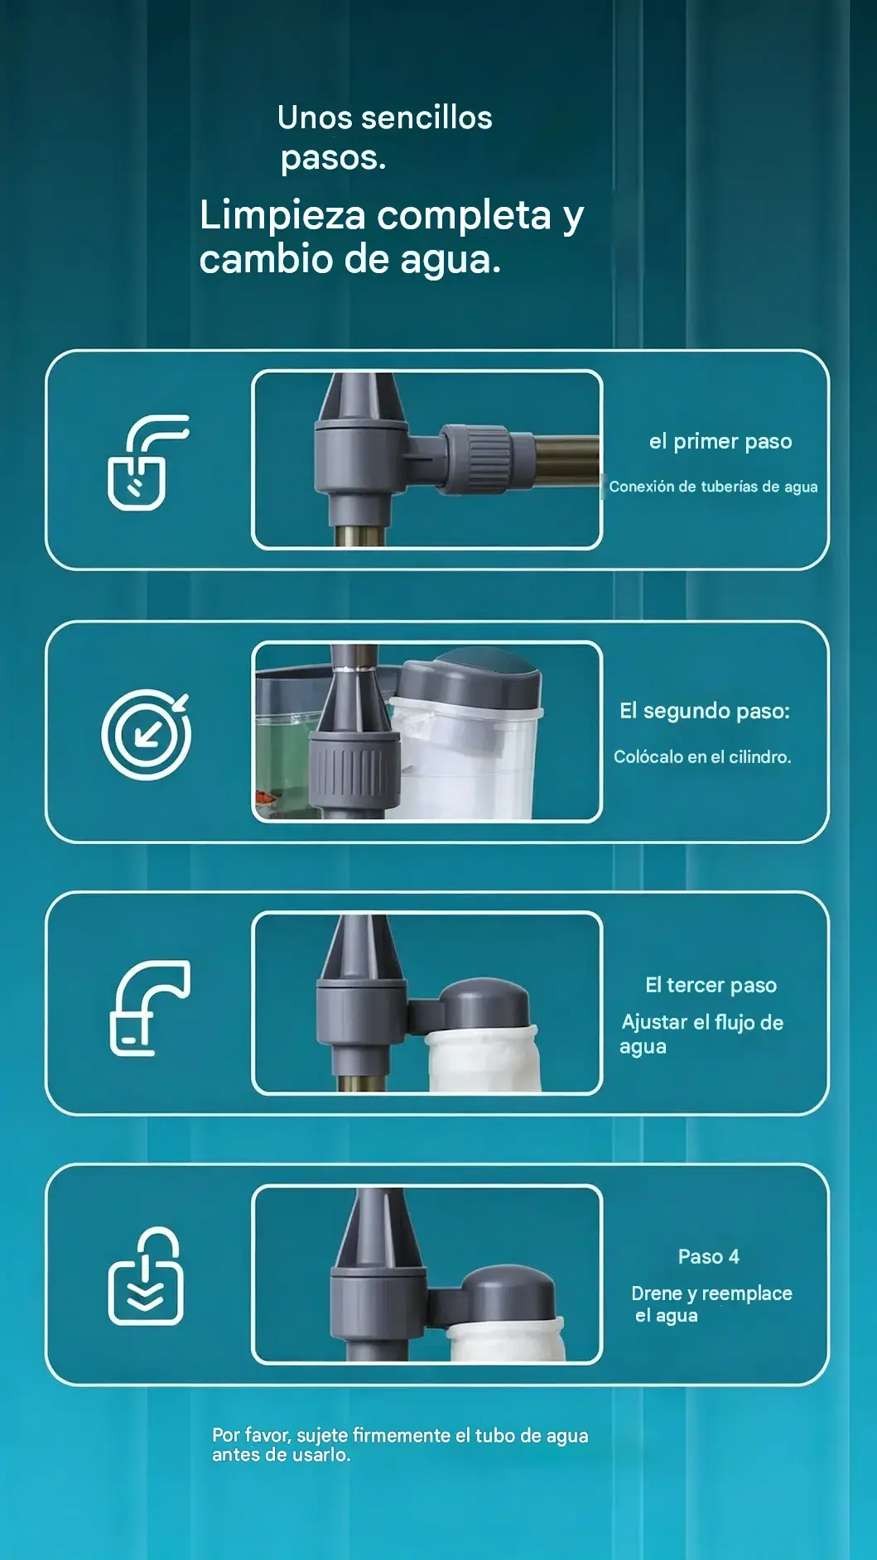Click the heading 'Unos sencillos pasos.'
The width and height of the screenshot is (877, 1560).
[385, 137]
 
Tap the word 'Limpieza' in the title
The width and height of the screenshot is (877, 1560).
[282, 216]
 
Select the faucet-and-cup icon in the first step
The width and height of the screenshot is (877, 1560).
[148, 462]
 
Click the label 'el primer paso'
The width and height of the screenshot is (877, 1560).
[720, 441]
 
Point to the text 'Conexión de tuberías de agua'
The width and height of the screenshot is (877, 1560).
[713, 487]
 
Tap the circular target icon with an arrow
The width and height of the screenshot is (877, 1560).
[147, 734]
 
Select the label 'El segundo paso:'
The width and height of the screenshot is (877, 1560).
[705, 711]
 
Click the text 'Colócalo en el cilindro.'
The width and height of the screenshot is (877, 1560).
[702, 756]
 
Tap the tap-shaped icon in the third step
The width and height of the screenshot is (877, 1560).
[150, 1007]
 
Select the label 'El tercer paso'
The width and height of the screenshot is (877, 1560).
[711, 985]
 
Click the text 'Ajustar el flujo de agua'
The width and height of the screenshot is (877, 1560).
[702, 1034]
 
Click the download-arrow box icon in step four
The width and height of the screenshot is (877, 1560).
[147, 1276]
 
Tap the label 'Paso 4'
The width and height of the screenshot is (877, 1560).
[709, 1256]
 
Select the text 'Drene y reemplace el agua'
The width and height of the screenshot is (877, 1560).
[711, 1304]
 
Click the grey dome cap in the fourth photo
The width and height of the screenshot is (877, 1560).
[507, 1294]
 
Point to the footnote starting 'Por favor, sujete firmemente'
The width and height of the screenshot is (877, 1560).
[400, 1445]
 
